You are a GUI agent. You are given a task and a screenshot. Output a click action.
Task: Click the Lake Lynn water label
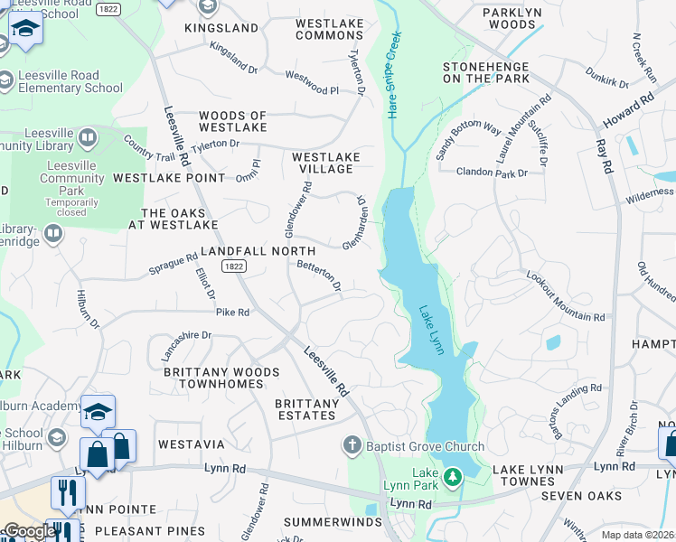coord(431,330)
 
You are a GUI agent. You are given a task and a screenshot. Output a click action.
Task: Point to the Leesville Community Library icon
coord(88,138)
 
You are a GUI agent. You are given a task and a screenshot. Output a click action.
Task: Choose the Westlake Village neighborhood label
coord(326,163)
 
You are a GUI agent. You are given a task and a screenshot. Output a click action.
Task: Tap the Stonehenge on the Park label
coord(486,72)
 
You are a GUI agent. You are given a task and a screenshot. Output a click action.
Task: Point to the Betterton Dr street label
coord(319,276)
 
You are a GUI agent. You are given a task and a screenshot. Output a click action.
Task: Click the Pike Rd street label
coord(231,313)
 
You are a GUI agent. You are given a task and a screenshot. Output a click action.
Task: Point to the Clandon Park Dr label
coord(492,172)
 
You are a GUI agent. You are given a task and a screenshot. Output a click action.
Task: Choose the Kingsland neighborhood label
coord(221,28)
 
